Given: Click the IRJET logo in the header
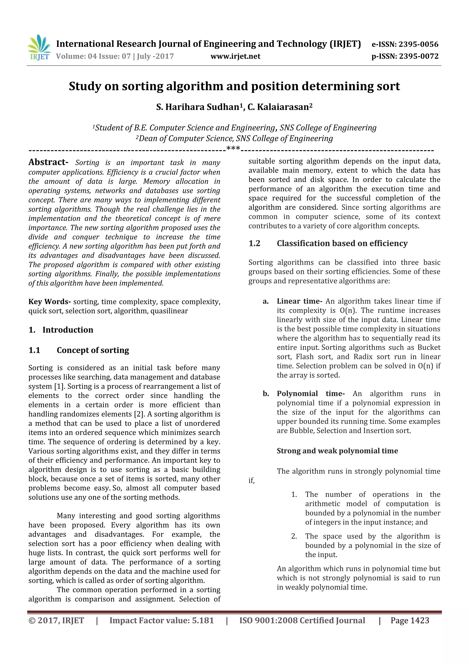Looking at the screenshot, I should click(39, 47).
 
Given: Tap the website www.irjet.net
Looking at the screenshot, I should click(235, 56).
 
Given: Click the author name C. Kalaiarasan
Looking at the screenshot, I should click(280, 107).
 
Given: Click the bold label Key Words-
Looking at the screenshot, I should click(49, 302).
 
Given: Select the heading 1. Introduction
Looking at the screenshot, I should click(61, 330).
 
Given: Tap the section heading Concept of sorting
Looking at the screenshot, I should click(93, 350).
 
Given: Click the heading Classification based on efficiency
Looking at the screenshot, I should click(342, 243).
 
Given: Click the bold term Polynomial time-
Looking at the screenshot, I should click(311, 394).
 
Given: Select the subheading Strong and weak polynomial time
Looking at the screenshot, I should click(337, 451).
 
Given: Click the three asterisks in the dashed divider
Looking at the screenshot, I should click(233, 149).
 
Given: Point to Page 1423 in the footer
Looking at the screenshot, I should click(409, 620).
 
